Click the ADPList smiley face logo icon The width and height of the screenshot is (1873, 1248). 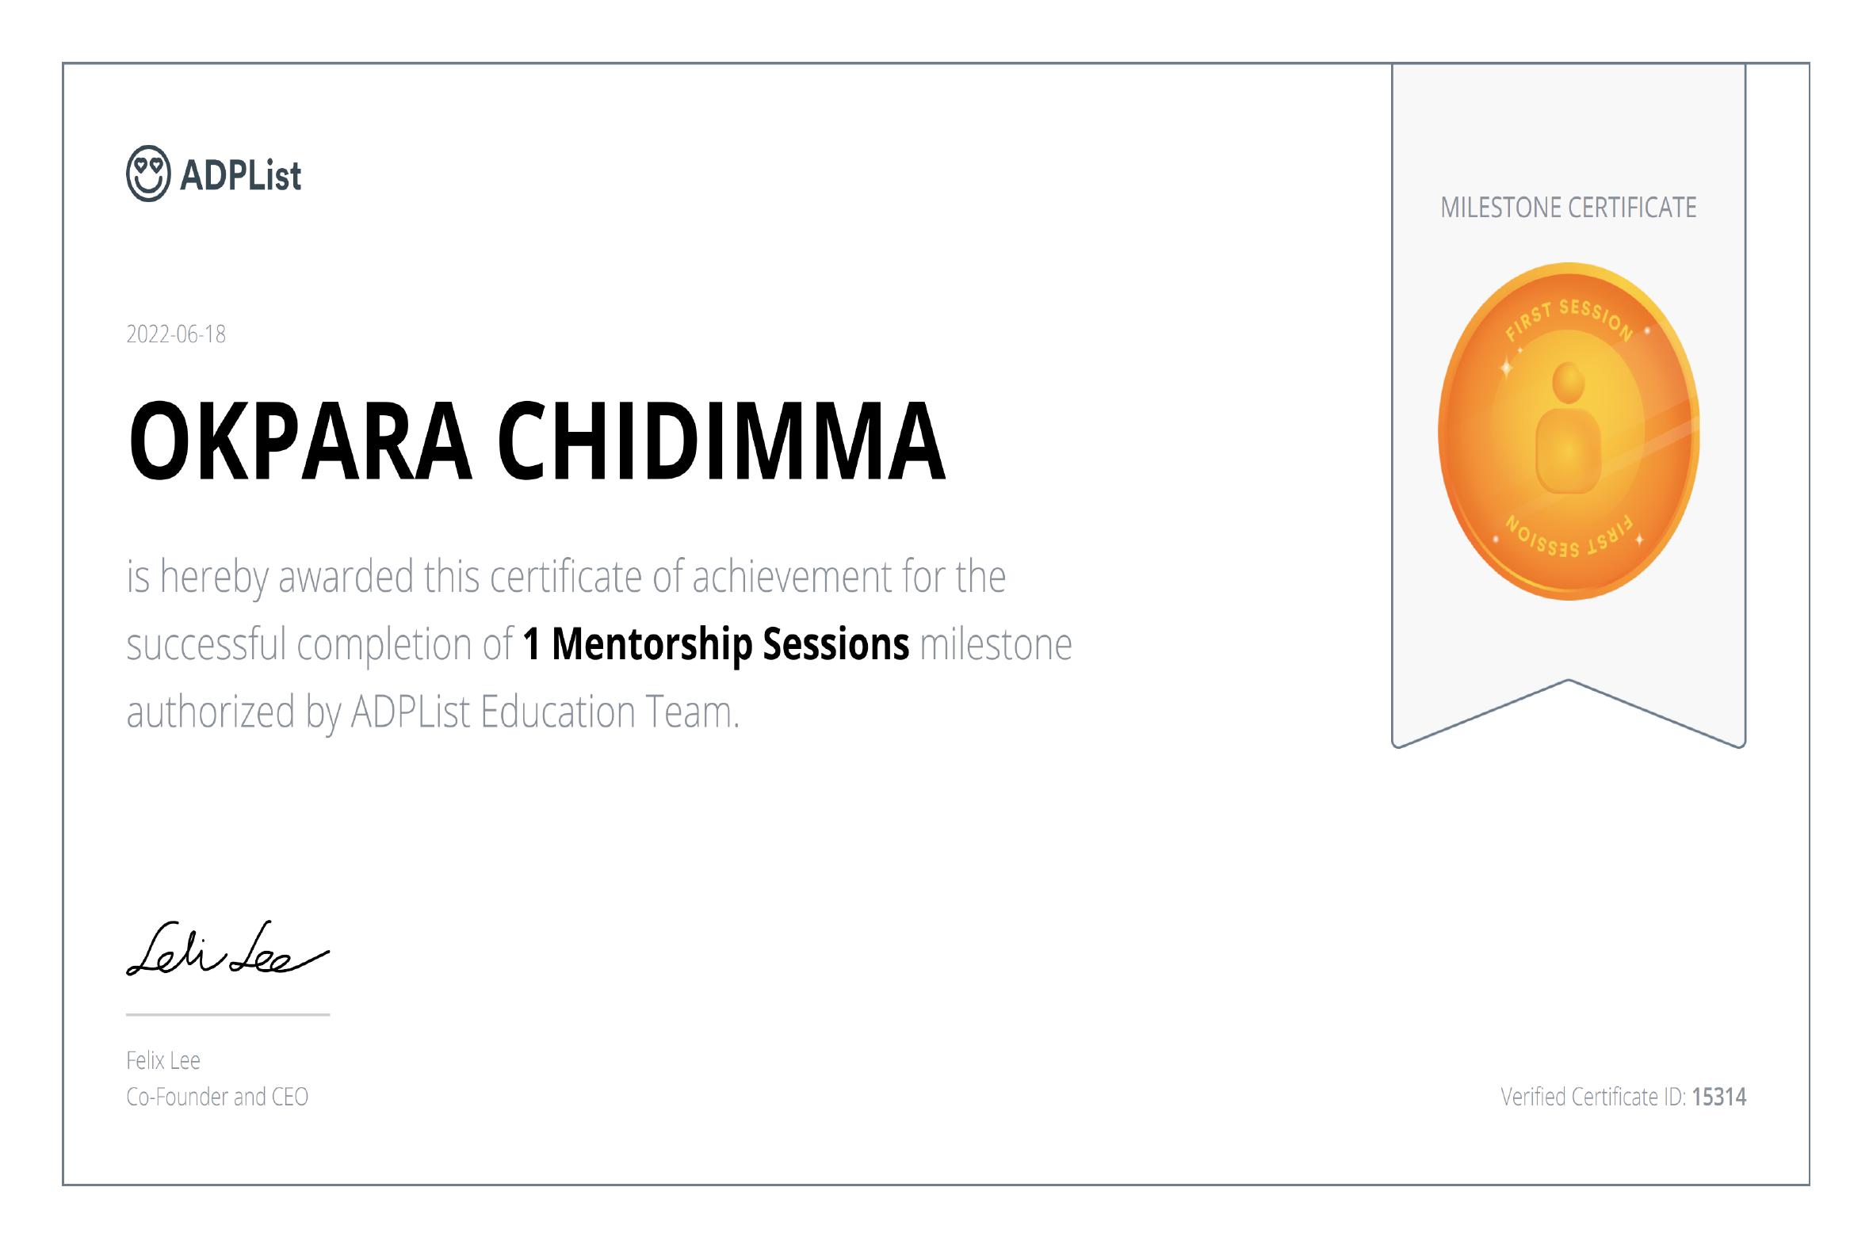pyautogui.click(x=148, y=174)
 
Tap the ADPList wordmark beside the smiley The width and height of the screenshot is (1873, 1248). pyautogui.click(x=240, y=175)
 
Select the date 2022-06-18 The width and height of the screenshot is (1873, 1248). pyautogui.click(x=176, y=334)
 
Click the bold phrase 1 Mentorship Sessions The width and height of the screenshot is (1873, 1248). pyautogui.click(x=716, y=644)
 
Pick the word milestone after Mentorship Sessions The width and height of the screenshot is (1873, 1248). pyautogui.click(x=996, y=644)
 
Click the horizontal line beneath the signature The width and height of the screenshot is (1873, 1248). pyautogui.click(x=227, y=1015)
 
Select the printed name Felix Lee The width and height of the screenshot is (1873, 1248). pyautogui.click(x=163, y=1060)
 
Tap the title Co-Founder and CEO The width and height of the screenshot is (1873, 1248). pyautogui.click(x=217, y=1097)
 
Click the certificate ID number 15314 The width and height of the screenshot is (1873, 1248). pyautogui.click(x=1719, y=1097)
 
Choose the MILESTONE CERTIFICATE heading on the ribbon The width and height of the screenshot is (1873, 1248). pyautogui.click(x=1568, y=208)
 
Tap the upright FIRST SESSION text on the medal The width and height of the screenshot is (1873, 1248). pyautogui.click(x=1568, y=322)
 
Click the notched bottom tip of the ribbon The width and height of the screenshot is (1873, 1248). pyautogui.click(x=1568, y=681)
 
